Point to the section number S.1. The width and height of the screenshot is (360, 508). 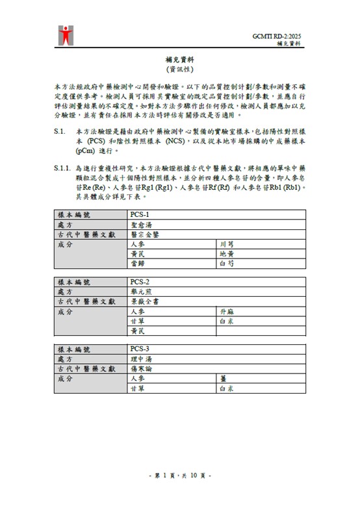(59, 131)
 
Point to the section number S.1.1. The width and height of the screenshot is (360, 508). (63, 168)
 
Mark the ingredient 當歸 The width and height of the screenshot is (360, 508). (137, 264)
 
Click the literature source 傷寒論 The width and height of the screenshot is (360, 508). (140, 369)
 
